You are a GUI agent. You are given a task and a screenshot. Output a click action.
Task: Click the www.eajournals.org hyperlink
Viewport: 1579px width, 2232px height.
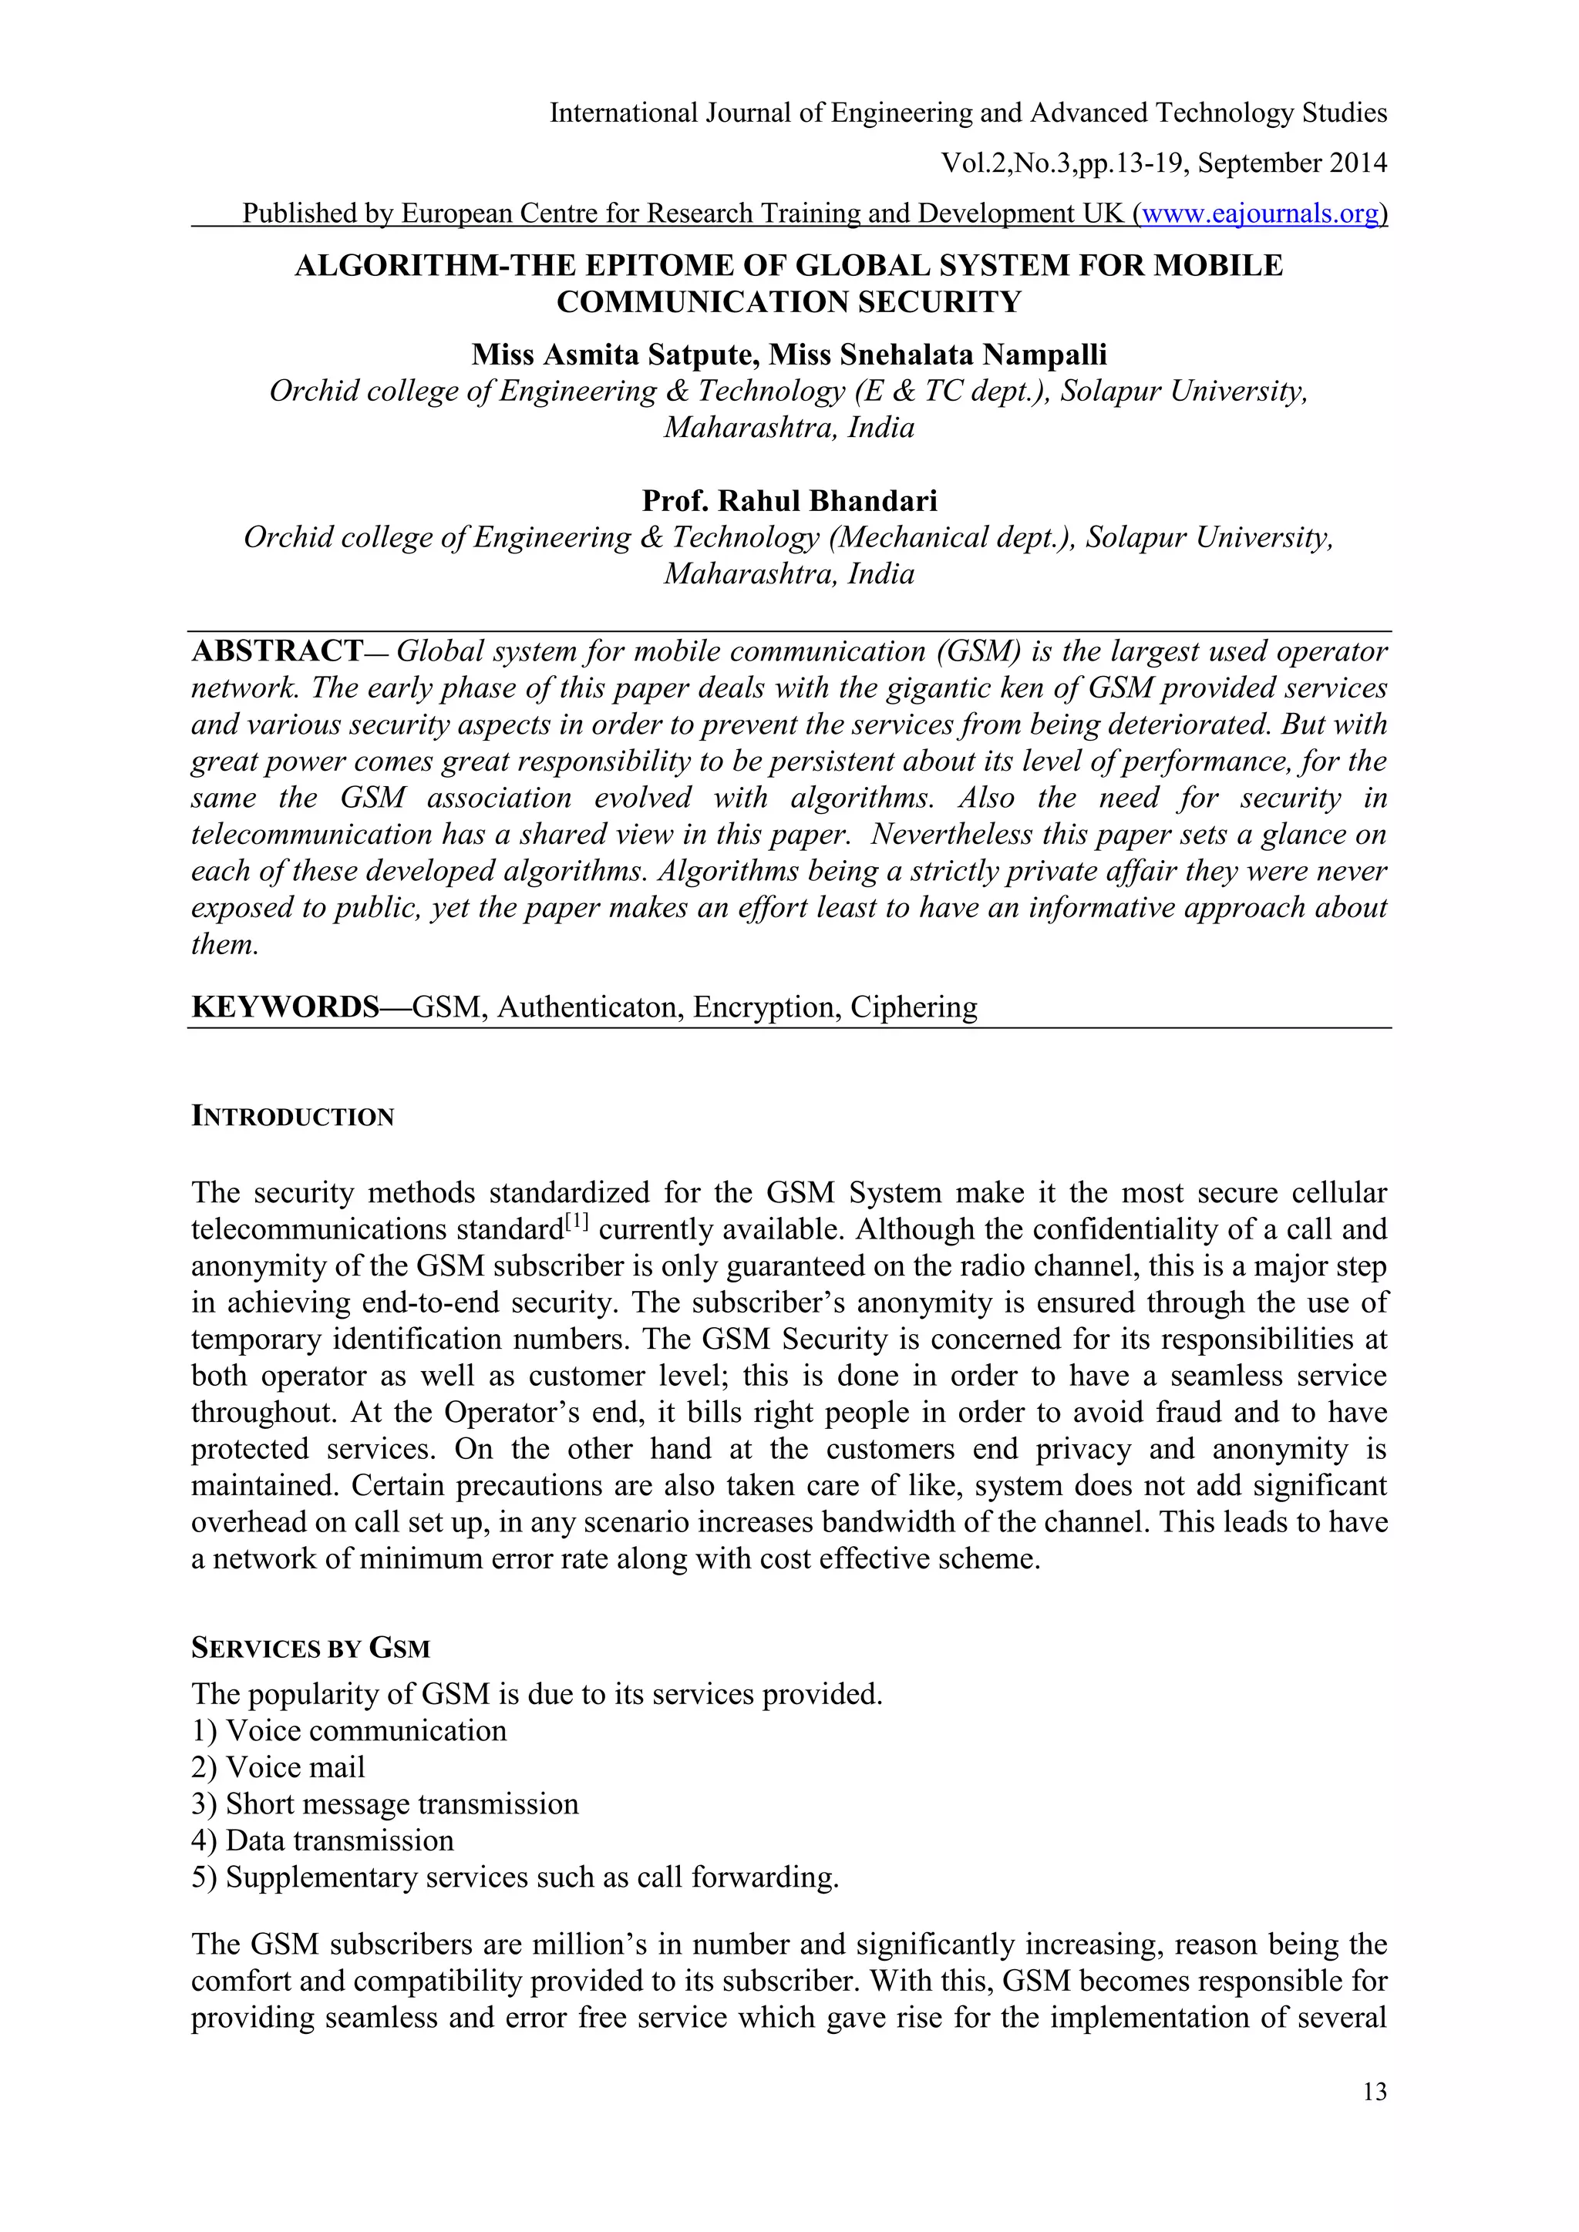[1260, 213]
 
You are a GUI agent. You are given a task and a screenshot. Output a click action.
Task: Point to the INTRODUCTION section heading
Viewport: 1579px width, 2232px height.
[293, 1116]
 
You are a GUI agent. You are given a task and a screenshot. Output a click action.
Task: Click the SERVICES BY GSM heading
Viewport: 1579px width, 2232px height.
[310, 1648]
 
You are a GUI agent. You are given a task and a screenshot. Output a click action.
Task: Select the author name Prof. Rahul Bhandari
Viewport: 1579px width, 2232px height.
[789, 501]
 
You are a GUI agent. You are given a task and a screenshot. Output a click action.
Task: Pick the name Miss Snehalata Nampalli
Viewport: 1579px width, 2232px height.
[938, 354]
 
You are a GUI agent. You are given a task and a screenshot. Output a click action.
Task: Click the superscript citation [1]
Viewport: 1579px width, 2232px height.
[577, 1222]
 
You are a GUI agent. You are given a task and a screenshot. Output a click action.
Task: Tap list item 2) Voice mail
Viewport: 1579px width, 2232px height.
[278, 1766]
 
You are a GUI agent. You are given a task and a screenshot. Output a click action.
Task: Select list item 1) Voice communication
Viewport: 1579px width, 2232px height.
[349, 1730]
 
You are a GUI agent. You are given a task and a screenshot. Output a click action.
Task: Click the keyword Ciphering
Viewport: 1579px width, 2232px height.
[913, 1006]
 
